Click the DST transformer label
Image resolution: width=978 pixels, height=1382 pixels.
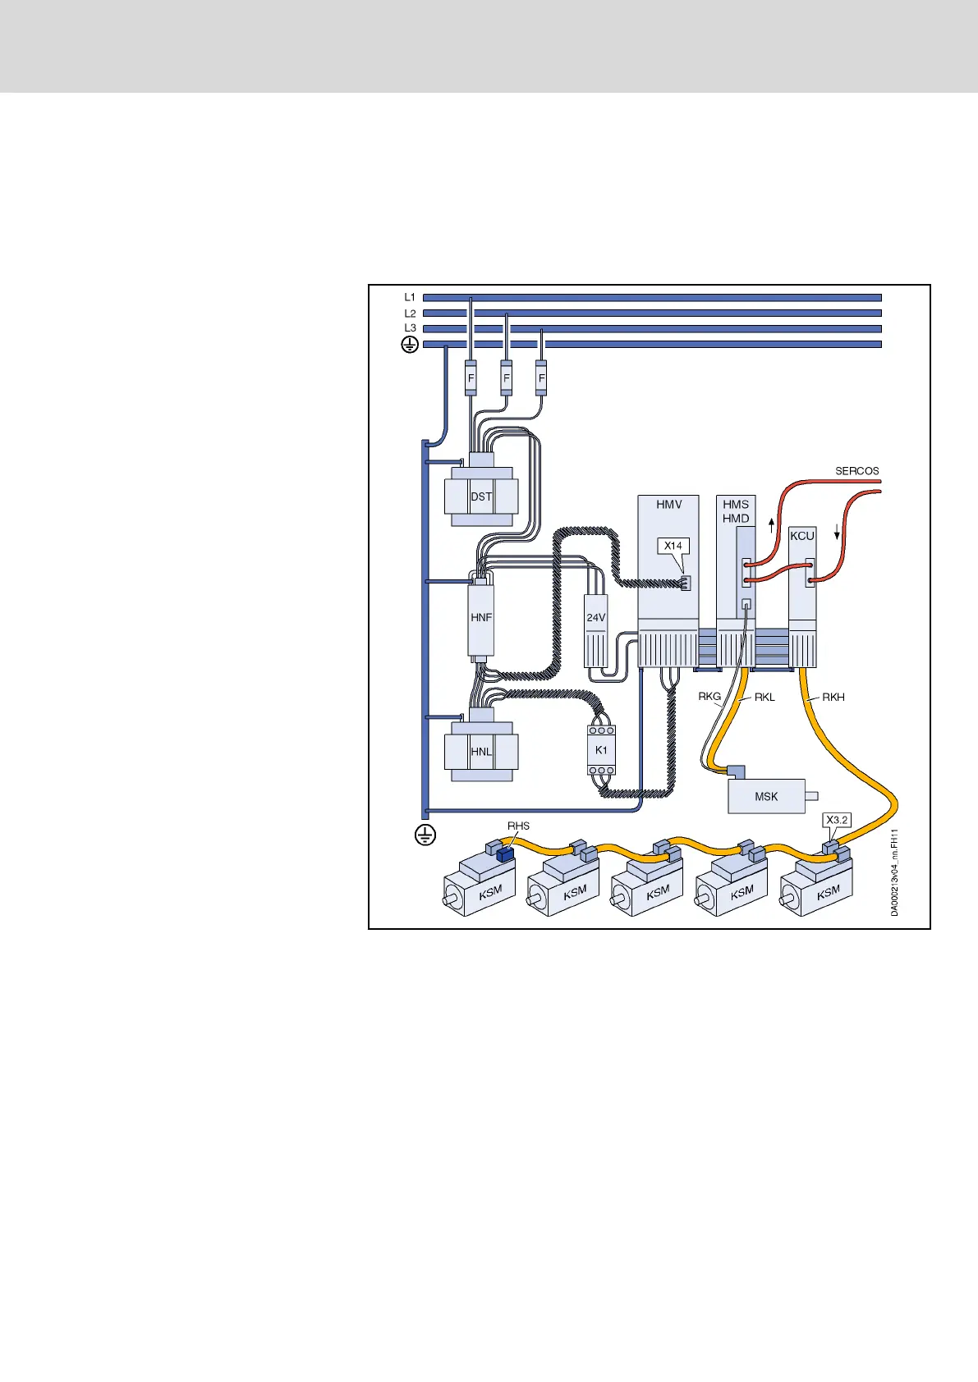click(x=481, y=497)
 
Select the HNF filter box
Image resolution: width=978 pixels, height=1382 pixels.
click(x=481, y=617)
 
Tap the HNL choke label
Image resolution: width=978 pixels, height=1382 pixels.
click(x=481, y=751)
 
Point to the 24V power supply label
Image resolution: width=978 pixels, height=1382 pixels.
click(x=596, y=617)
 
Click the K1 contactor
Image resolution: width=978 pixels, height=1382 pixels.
click(x=602, y=750)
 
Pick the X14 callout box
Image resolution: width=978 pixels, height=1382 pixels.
click(x=673, y=546)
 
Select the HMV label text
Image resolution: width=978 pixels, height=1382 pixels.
click(x=669, y=505)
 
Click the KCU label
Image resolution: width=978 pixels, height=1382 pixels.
click(x=802, y=536)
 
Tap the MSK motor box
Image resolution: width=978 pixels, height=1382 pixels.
click(x=766, y=796)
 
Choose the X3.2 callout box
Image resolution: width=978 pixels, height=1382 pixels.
click(x=838, y=820)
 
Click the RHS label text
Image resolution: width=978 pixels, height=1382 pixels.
click(x=518, y=826)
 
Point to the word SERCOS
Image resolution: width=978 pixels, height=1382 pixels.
click(x=857, y=471)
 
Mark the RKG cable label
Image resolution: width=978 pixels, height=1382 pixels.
click(x=709, y=697)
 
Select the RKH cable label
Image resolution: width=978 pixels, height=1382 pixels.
click(x=833, y=697)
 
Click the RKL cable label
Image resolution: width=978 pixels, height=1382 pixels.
click(x=764, y=697)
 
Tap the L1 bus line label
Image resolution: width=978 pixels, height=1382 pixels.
click(x=410, y=297)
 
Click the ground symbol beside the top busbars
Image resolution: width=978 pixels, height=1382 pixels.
click(x=409, y=345)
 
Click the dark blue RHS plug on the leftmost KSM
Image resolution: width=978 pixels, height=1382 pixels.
click(x=504, y=854)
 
